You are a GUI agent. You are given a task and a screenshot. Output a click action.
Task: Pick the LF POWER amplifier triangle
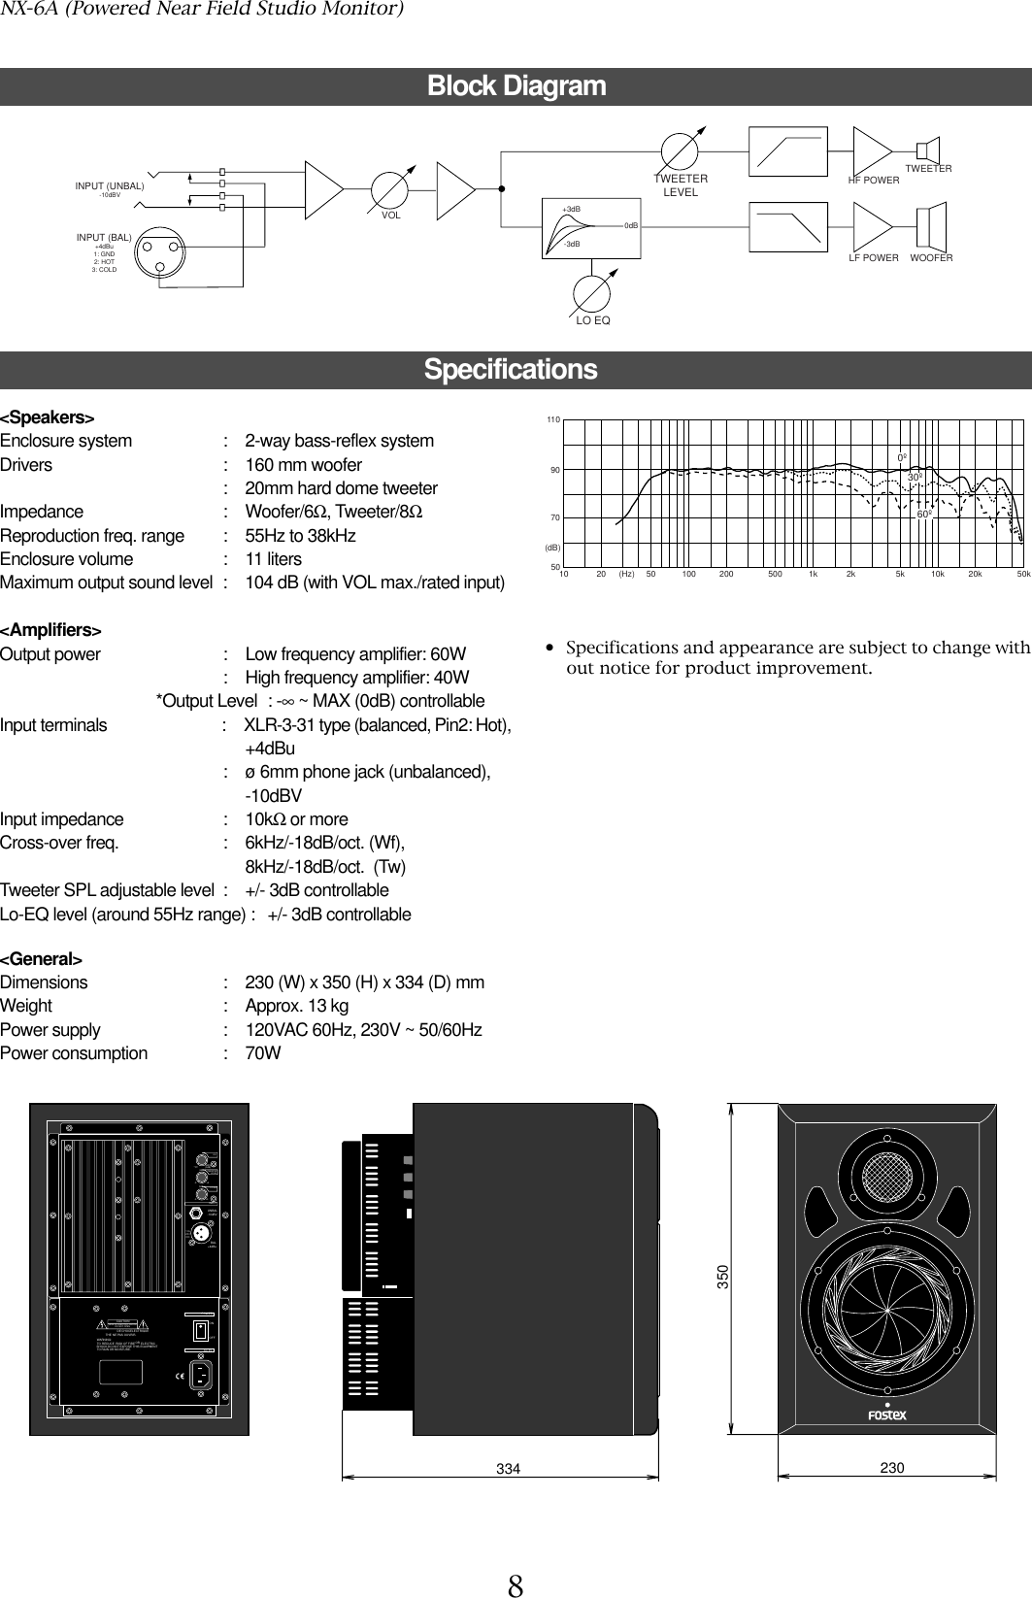pyautogui.click(x=870, y=225)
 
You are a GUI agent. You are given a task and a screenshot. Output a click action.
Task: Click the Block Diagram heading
pyautogui.click(x=516, y=86)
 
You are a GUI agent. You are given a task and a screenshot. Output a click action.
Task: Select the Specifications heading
pyautogui.click(x=511, y=370)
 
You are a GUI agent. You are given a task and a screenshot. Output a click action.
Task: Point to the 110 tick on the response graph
pyautogui.click(x=552, y=419)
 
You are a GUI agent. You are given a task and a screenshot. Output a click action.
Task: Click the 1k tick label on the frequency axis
pyautogui.click(x=814, y=574)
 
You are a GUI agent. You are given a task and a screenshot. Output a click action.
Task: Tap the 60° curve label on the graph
pyautogui.click(x=924, y=513)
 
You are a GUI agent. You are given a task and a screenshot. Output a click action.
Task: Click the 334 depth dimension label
pyautogui.click(x=508, y=1469)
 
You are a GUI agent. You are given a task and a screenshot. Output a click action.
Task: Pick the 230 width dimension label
pyautogui.click(x=892, y=1468)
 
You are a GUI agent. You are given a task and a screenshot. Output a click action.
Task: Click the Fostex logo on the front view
pyautogui.click(x=885, y=1414)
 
